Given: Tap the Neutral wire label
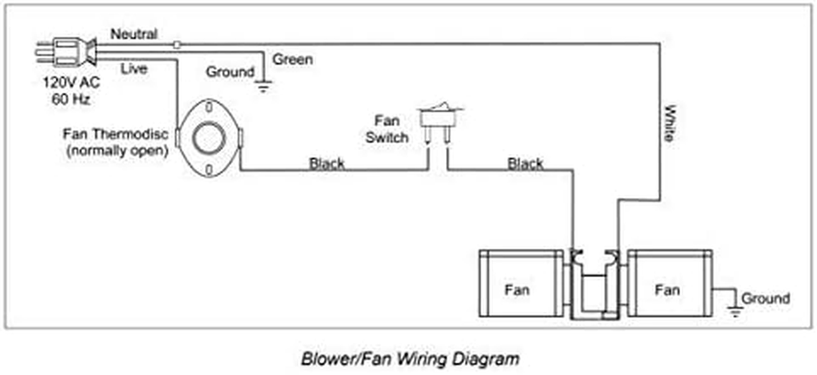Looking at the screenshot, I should coord(134,34).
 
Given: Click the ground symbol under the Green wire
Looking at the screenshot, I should coord(264,84).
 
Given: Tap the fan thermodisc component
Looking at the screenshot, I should coord(207,138).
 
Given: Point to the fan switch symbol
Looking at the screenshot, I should coord(438,118).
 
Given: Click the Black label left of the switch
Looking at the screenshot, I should coord(328,163).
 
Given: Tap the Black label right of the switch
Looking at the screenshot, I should coord(526,163).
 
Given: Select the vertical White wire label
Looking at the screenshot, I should coord(671,122).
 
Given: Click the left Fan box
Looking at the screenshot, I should coord(516,287).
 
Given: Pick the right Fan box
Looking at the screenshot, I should coord(669,287).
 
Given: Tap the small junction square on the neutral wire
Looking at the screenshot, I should coord(176,44).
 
